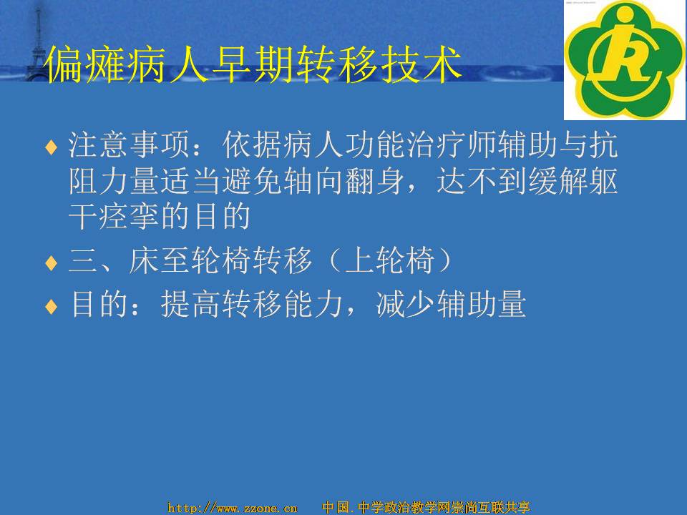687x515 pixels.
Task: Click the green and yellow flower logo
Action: point(625,60)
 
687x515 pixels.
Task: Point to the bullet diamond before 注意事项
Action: point(52,147)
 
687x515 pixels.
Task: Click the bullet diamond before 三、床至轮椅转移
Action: point(52,263)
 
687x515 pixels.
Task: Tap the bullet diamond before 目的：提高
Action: point(52,307)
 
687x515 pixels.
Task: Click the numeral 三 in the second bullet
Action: point(83,260)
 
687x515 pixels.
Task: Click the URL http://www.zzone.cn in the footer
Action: point(233,508)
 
